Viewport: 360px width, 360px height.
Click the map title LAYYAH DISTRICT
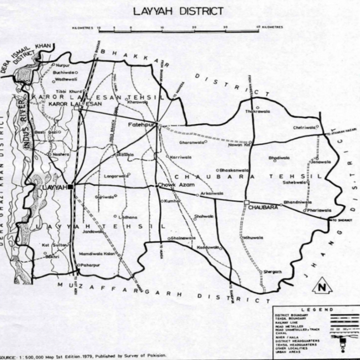tap(178, 11)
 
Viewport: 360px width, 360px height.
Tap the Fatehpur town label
tap(142, 125)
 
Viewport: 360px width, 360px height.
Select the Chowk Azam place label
tap(174, 184)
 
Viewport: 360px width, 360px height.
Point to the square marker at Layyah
tap(71, 187)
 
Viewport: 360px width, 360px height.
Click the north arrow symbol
tap(321, 287)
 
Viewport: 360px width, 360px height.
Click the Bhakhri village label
tap(52, 258)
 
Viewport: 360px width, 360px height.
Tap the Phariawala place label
tap(320, 210)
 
